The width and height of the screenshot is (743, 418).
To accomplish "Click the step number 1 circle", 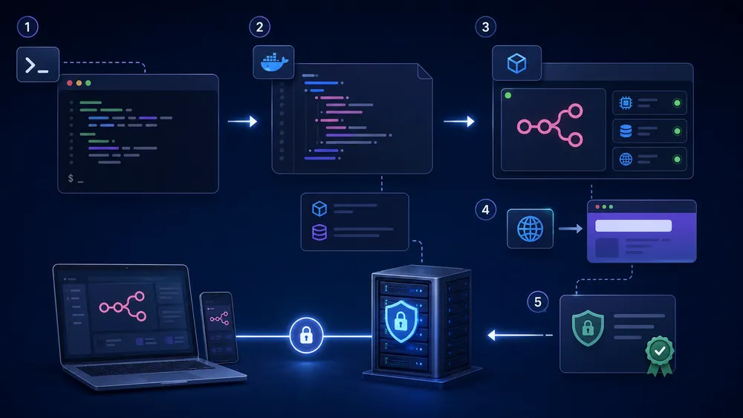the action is (x=27, y=27).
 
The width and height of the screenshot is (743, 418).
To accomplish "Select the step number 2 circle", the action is (x=259, y=27).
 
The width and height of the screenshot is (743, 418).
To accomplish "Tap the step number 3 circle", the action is (x=486, y=27).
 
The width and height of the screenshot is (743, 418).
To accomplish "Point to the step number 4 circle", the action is (x=486, y=209).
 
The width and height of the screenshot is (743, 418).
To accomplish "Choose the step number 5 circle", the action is (x=538, y=302).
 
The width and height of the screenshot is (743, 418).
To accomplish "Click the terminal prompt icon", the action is (x=38, y=65).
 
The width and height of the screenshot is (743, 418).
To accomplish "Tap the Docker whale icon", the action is (x=274, y=62).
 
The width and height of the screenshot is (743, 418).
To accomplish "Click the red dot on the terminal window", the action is (x=70, y=83).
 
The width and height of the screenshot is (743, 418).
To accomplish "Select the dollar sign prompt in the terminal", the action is (x=71, y=178).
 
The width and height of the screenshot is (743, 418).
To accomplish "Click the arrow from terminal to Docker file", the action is (x=243, y=121).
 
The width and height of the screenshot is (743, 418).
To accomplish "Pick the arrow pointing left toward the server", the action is (x=520, y=335).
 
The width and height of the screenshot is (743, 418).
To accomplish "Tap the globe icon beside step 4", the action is (x=530, y=229).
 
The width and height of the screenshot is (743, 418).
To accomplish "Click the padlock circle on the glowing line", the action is (x=306, y=336).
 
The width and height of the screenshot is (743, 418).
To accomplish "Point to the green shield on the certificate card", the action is (x=588, y=328).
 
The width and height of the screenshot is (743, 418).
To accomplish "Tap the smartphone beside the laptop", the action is (x=218, y=327).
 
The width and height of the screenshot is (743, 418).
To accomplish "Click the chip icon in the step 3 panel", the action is (x=626, y=102).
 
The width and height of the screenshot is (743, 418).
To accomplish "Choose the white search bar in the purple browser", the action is (x=634, y=226).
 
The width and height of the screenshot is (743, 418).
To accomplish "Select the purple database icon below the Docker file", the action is (x=319, y=232).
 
